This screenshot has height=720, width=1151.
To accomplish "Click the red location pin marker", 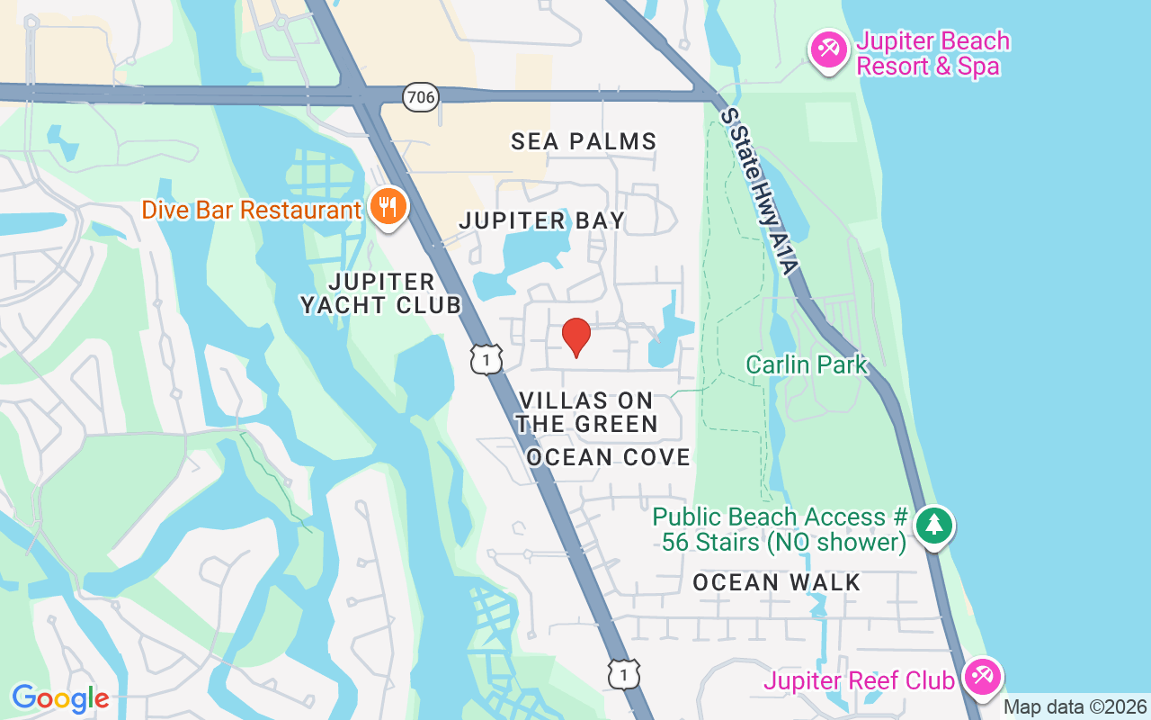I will coord(575,337).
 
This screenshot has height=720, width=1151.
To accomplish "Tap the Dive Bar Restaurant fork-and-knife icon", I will coord(388,208).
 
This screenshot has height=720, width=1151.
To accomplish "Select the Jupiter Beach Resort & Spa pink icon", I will coord(826,48).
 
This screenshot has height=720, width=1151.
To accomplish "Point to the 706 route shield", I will coord(420,96).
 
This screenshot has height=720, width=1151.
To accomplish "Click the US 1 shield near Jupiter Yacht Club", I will coord(486,359).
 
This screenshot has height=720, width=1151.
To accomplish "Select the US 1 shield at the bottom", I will coord(623,673).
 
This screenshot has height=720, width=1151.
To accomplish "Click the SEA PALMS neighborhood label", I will coord(584,141).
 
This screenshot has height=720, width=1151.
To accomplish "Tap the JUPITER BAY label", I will coord(541,220).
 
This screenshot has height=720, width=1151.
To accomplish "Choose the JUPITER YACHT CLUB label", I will coord(381,293).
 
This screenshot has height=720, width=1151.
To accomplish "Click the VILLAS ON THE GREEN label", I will coord(586,412).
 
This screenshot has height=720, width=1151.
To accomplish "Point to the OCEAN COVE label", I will coord(608,457).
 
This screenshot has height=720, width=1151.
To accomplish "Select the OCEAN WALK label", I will coord(777,582).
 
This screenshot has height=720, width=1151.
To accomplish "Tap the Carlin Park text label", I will coord(807,364).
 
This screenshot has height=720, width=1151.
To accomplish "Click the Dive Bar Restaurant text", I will coord(251,211).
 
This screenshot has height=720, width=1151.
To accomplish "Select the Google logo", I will coord(60,697).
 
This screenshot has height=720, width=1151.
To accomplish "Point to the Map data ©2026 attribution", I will coord(1075,707).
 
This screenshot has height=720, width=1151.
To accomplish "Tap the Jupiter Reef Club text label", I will coord(859,680).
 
